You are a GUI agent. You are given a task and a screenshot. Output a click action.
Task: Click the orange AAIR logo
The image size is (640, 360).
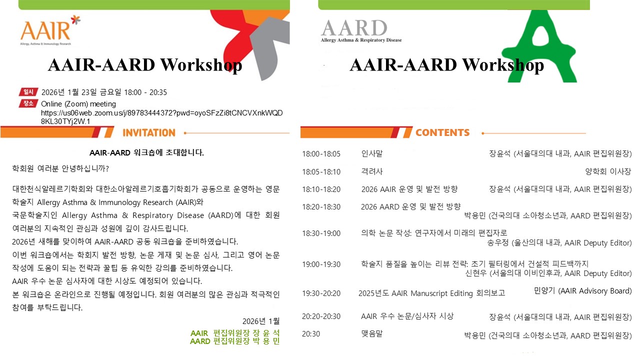[50, 30]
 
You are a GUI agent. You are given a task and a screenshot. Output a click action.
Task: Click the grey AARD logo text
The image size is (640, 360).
[354, 28]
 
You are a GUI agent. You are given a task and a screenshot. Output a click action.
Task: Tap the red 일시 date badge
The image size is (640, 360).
[28, 92]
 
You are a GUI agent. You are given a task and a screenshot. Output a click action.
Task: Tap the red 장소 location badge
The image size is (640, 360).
[28, 103]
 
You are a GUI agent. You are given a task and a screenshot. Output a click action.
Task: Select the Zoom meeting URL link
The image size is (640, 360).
[161, 117]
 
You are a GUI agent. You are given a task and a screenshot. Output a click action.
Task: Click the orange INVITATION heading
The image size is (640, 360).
[149, 133]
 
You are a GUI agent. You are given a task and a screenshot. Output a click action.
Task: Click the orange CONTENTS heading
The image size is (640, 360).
[442, 132]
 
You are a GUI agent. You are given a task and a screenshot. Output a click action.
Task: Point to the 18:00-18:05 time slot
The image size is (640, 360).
[321, 154]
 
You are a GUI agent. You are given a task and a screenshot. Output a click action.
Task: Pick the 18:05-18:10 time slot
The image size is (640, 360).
[321, 171]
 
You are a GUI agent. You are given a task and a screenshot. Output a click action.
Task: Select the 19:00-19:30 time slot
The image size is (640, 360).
[321, 264]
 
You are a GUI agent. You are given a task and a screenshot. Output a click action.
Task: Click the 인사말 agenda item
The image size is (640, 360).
[371, 153]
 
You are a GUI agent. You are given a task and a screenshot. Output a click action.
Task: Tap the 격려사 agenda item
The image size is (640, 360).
[371, 171]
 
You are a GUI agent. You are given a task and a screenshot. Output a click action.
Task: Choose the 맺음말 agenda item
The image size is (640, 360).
[371, 333]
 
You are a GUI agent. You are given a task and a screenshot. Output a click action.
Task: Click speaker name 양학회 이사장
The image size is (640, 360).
[608, 171]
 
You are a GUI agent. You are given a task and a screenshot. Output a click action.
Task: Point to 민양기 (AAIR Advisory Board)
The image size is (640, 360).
[582, 291]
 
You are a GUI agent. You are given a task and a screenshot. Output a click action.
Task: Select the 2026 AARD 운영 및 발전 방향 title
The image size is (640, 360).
[411, 206]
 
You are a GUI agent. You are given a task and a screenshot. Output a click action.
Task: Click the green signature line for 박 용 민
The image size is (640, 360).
[235, 341]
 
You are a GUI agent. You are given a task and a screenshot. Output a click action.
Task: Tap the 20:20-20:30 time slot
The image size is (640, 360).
[321, 316]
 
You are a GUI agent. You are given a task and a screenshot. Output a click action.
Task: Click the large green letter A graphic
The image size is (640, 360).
[540, 45]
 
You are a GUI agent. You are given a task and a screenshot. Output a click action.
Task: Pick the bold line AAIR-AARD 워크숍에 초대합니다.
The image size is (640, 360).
[146, 152]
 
